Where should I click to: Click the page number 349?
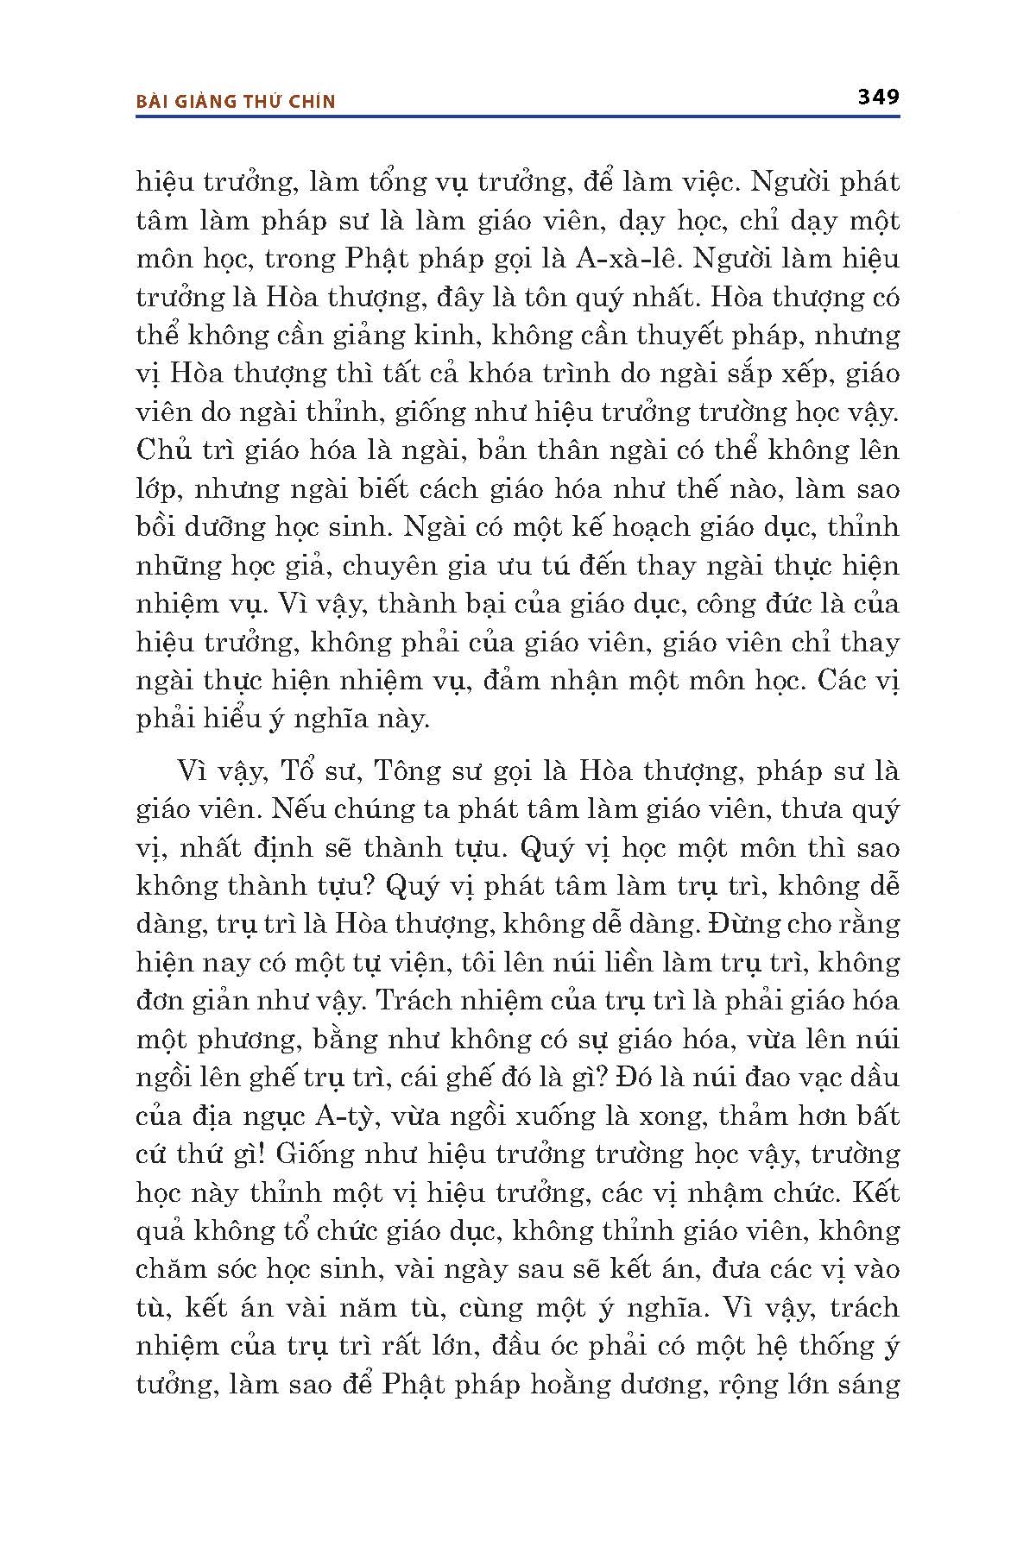[x=878, y=97]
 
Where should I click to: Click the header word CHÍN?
[x=310, y=102]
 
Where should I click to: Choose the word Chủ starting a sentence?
[x=162, y=450]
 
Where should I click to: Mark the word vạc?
[x=803, y=1078]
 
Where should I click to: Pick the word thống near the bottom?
[x=836, y=1345]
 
